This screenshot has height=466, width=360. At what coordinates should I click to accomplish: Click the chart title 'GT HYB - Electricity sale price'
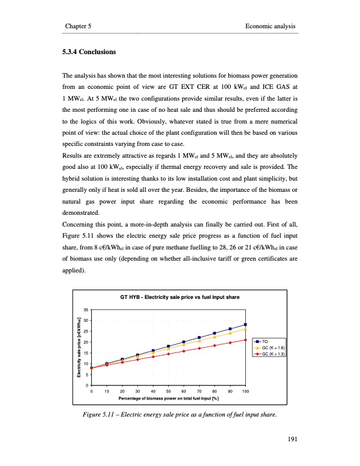179,297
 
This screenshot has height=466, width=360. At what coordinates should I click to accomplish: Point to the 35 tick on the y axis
86,309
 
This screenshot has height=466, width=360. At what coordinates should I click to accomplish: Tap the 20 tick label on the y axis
86,342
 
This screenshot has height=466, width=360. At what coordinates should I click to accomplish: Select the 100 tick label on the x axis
245,391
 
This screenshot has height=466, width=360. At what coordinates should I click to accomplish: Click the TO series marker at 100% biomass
245,325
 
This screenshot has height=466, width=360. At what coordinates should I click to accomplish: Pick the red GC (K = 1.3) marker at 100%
245,340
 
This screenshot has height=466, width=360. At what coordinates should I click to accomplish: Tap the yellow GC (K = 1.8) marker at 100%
245,329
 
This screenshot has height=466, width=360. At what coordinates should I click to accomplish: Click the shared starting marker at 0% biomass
92,368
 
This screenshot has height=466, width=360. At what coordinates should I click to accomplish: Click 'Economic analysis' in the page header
270,26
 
